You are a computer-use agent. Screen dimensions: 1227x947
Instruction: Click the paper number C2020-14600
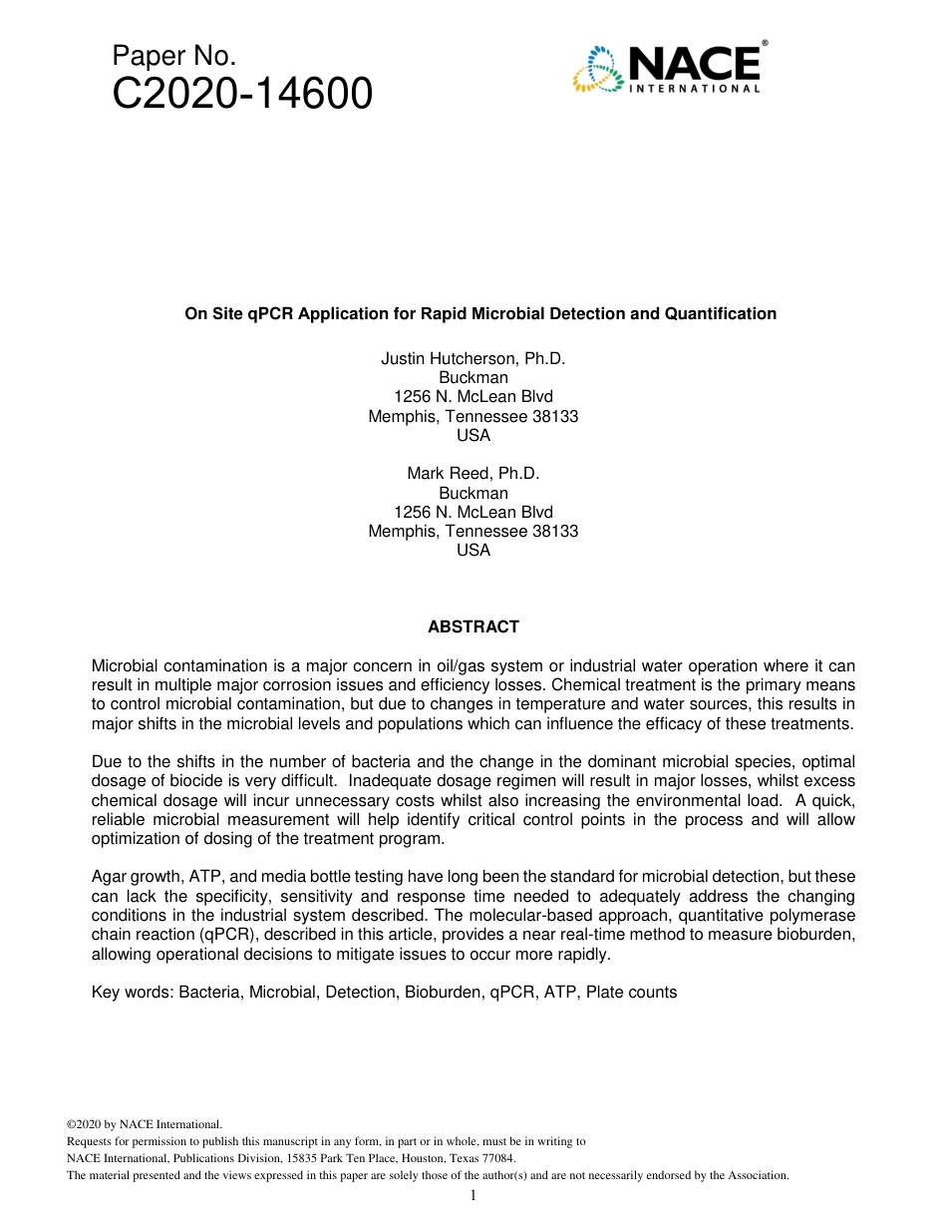point(242,95)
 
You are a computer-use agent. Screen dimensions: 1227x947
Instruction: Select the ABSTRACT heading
point(473,627)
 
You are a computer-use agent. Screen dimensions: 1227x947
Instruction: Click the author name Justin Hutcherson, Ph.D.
point(473,358)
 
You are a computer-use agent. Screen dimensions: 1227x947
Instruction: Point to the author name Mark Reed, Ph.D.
point(473,473)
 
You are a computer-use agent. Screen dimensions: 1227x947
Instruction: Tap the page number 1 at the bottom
point(473,1196)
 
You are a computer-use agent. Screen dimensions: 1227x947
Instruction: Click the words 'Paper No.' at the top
point(174,57)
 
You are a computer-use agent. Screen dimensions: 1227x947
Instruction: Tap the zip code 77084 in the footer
point(496,1158)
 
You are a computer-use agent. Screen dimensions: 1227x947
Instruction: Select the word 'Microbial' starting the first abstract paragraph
point(124,666)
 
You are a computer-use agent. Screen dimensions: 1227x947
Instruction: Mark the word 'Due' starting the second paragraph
point(106,763)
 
